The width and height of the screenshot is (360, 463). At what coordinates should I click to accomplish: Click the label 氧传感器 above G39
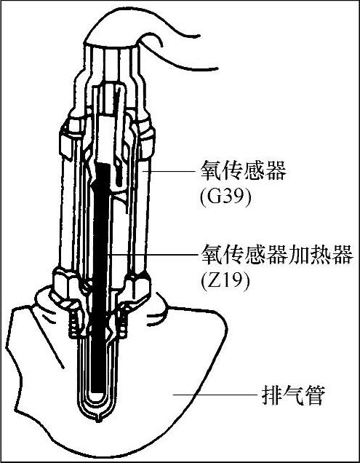point(243,170)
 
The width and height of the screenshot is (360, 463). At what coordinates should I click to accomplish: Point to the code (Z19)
point(225,280)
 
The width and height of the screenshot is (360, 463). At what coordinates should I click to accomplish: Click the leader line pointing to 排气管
point(215,394)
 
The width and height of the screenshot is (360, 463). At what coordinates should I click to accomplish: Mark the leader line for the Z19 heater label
point(151,253)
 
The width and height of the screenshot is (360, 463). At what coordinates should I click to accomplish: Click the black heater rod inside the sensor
point(100,280)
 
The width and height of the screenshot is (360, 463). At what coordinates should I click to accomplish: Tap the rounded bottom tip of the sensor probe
point(99,418)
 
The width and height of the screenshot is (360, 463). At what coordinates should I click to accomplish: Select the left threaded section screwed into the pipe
point(75,323)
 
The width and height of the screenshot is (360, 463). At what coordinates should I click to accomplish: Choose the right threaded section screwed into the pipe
point(124,323)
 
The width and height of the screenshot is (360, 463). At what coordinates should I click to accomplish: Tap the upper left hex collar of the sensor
point(71,138)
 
